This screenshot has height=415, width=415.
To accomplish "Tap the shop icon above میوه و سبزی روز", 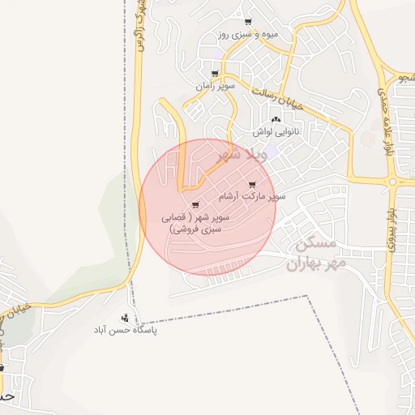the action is click(247, 22).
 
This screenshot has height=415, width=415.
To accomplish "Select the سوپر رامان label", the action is click(215, 85).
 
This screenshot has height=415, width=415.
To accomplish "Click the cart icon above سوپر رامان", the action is click(214, 73).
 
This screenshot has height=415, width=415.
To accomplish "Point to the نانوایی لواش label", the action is click(276, 130).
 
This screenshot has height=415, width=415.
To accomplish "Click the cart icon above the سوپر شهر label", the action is click(195, 205).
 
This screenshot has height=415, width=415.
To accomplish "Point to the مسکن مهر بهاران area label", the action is click(316, 254).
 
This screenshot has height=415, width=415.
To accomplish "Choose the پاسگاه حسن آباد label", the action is click(124, 331).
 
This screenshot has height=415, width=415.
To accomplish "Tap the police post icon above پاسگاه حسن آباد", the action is click(124, 318).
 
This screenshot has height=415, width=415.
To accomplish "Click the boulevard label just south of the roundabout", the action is click(391, 227).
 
